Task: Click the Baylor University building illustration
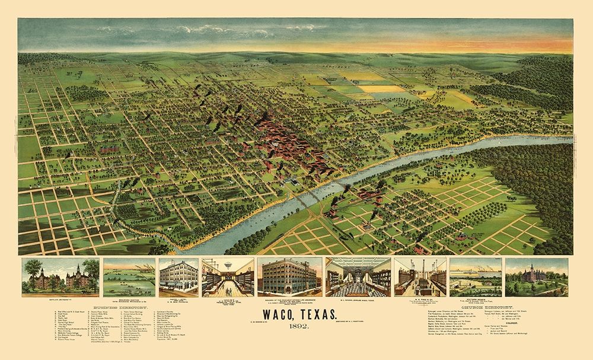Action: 60,277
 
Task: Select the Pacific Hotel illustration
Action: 178,277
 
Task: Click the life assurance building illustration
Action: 291,277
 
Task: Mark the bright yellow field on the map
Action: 382,88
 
